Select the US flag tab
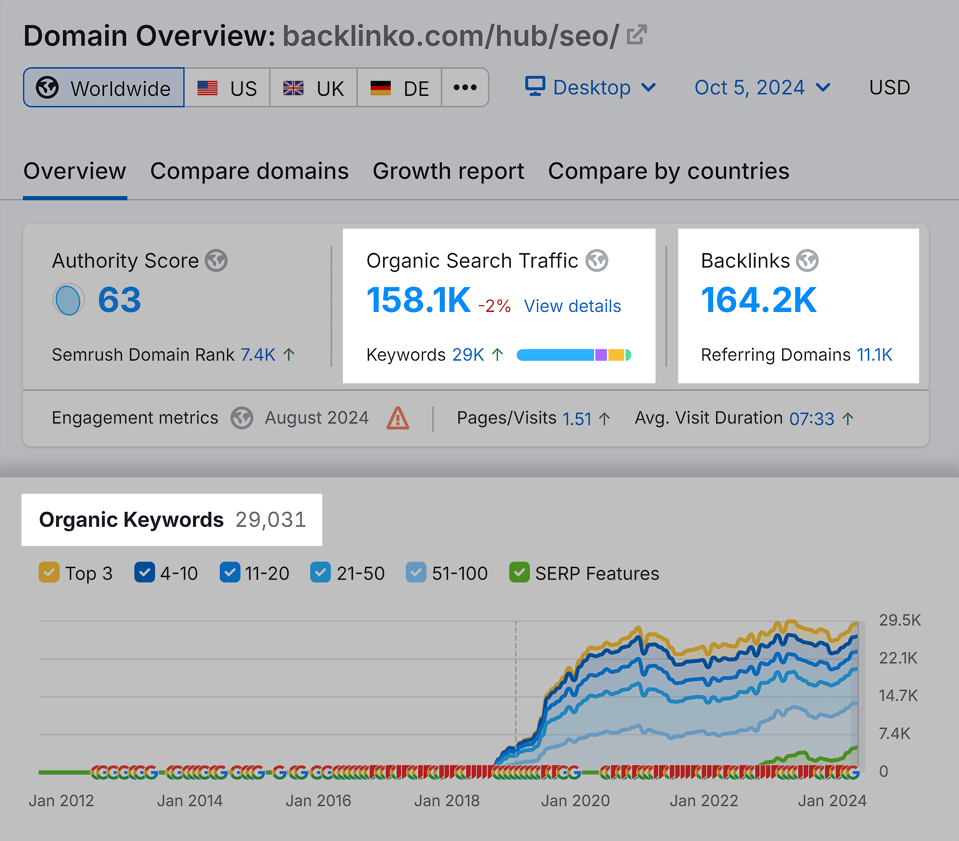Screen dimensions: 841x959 point(227,88)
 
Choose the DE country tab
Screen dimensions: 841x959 point(399,88)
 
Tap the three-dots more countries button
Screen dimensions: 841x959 point(465,88)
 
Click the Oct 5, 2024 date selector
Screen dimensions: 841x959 point(762,88)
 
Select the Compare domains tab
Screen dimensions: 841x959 point(249,171)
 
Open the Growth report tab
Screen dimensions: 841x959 point(448,171)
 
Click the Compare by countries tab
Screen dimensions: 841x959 point(669,171)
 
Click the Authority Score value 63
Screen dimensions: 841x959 point(119,300)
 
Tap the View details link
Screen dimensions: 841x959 point(572,306)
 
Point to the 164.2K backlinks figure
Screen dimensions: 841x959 point(758,300)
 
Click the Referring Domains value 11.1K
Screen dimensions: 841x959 point(874,355)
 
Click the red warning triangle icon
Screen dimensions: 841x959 point(397,418)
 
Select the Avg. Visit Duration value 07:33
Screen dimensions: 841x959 point(811,419)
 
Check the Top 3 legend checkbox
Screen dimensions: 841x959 point(49,572)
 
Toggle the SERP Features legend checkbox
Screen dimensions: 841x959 point(519,572)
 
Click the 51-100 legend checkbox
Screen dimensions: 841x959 point(416,572)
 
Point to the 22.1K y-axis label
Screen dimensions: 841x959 point(898,658)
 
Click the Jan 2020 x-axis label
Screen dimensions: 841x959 point(575,801)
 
